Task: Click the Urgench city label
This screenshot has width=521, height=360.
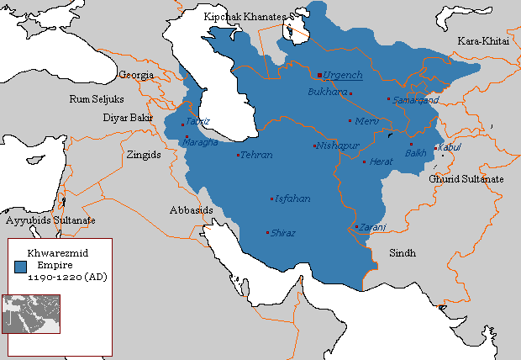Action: tap(344, 75)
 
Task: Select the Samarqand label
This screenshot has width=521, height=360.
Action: tap(415, 99)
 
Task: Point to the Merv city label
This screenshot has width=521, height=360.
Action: tap(368, 121)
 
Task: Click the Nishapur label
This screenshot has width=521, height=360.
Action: tap(338, 146)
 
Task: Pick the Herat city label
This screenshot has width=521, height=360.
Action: tap(382, 161)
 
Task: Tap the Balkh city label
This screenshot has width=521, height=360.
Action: tap(416, 153)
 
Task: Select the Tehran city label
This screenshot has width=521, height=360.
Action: tap(256, 156)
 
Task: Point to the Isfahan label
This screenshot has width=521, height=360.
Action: tap(292, 199)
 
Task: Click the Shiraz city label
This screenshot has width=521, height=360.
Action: tap(283, 233)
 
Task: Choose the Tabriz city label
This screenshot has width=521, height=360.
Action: tap(197, 121)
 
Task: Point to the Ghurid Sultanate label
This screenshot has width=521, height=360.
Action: tap(466, 179)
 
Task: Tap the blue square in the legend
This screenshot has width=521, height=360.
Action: tap(19, 264)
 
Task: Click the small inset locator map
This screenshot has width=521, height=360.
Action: tap(31, 314)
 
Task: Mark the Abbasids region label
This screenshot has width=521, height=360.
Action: tap(191, 210)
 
